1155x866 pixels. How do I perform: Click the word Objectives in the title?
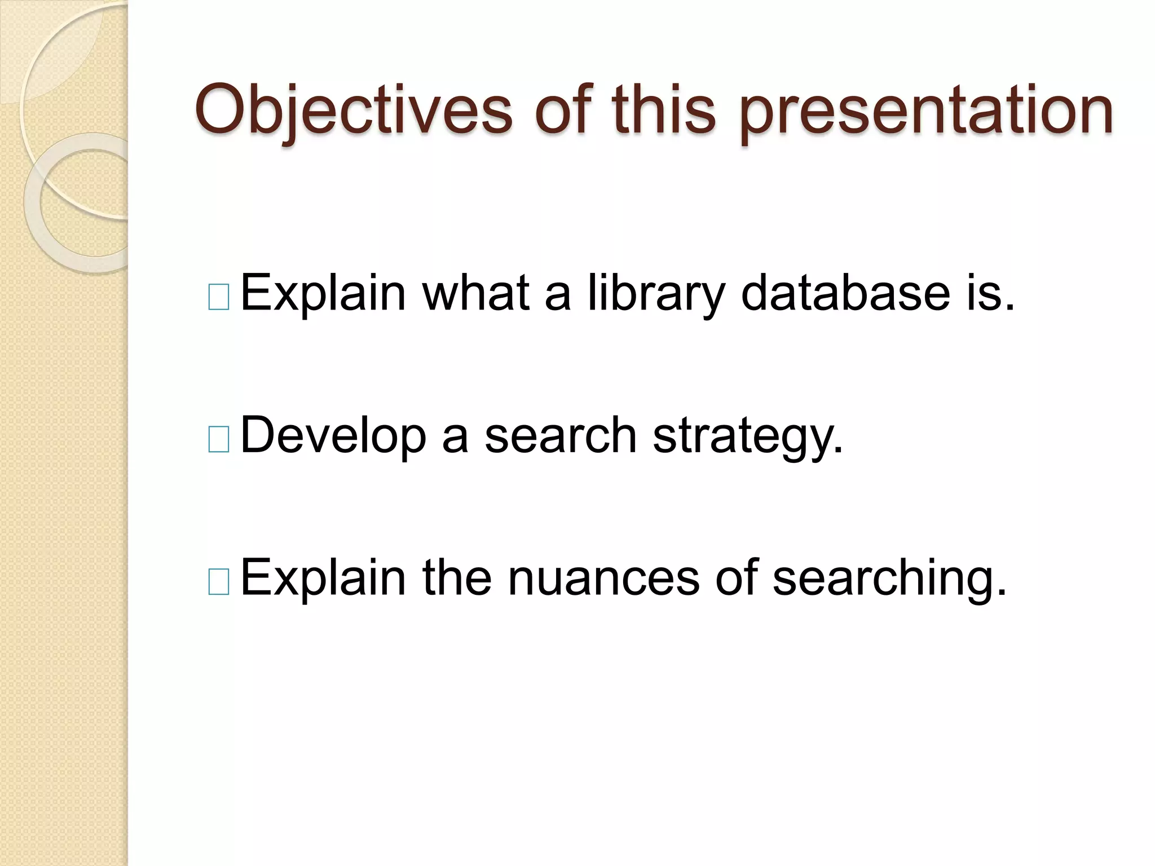[353, 110]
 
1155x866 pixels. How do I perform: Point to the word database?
[845, 293]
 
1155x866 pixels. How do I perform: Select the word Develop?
[333, 436]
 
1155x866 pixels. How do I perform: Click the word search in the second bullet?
[561, 436]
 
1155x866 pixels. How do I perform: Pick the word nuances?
[603, 578]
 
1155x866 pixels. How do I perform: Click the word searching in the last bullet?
[889, 578]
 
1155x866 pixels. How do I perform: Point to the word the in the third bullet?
[457, 578]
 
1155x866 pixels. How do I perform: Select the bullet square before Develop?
[219, 440]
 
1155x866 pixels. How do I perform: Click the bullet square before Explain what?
[219, 297]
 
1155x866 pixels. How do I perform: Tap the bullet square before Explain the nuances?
[219, 582]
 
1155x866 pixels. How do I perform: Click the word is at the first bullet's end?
[990, 293]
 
